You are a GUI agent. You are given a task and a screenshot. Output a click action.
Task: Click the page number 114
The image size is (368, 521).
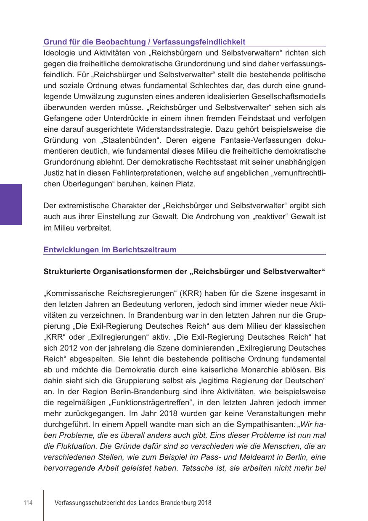click(x=28, y=503)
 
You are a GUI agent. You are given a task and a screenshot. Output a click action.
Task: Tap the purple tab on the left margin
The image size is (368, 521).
click(x=11, y=204)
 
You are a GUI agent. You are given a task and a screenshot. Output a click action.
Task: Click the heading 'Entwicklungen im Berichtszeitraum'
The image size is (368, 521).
click(x=110, y=250)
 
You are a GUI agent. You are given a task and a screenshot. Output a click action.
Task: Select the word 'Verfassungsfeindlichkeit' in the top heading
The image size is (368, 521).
click(x=199, y=42)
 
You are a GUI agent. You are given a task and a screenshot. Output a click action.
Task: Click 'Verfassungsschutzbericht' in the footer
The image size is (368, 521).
click(x=88, y=503)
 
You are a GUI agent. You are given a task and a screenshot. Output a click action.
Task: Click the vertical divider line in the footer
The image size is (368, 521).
click(x=44, y=504)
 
